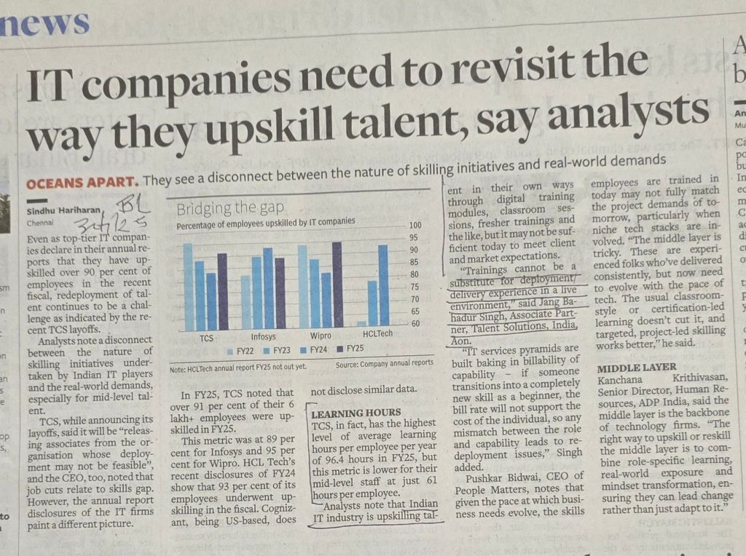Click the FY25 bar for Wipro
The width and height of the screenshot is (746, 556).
[337, 285]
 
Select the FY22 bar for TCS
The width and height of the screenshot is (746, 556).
[187, 286]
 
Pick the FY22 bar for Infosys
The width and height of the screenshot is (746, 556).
[246, 302]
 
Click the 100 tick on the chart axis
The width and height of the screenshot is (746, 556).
[415, 226]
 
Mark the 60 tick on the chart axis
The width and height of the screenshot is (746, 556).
[415, 324]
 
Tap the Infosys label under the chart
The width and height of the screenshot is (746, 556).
[263, 338]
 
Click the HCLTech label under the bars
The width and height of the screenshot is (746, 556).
[378, 333]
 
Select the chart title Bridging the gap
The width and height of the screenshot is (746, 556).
[230, 209]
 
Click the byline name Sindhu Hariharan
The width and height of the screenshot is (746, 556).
[66, 211]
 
